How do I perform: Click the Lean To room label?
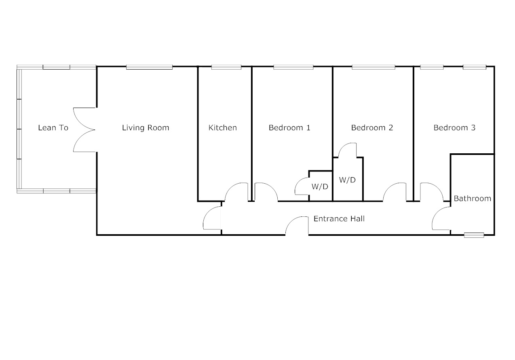click(x=53, y=128)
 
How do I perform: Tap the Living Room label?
click(x=146, y=128)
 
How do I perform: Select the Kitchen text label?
click(x=222, y=128)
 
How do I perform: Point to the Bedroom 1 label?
click(x=289, y=128)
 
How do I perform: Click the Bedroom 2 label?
click(x=372, y=128)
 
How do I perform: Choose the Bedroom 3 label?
click(x=454, y=128)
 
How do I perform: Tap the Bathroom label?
click(x=472, y=199)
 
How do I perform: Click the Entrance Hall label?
click(x=339, y=219)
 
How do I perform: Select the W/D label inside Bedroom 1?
click(x=319, y=187)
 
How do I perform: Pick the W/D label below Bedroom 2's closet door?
click(x=347, y=180)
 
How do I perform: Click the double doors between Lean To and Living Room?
click(x=84, y=130)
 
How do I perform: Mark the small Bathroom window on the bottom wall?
click(x=474, y=235)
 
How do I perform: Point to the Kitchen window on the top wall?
click(x=226, y=67)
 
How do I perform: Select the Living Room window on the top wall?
click(x=149, y=67)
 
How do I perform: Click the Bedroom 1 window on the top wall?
click(x=293, y=67)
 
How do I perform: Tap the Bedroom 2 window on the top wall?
click(x=373, y=67)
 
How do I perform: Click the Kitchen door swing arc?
click(x=236, y=191)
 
